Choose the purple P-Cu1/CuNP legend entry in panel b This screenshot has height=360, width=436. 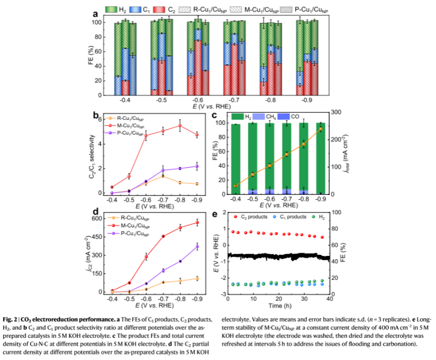pyautogui.click(x=128, y=133)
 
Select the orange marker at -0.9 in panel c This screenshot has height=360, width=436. pyautogui.click(x=321, y=129)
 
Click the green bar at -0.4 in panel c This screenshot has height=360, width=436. pyautogui.click(x=236, y=158)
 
